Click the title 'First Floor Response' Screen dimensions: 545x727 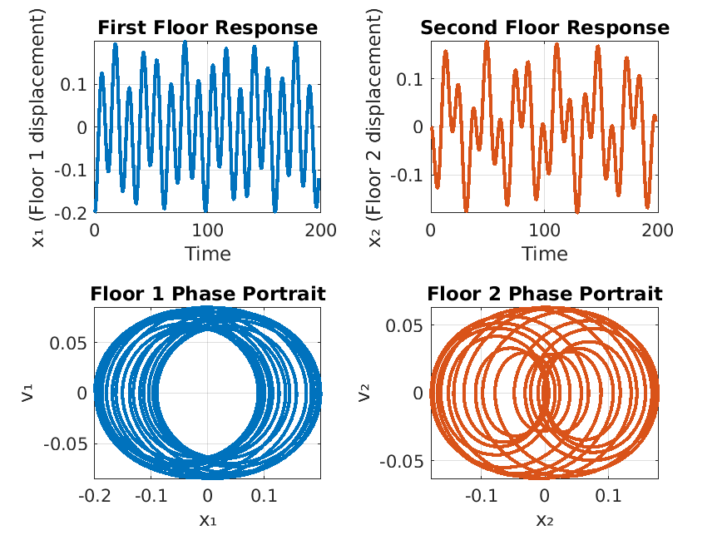[x=207, y=27]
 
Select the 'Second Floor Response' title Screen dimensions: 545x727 [x=544, y=27]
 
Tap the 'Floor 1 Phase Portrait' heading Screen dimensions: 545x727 [x=207, y=294]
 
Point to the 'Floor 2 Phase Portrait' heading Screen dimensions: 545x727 [x=544, y=294]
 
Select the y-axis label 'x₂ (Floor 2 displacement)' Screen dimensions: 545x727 [x=375, y=126]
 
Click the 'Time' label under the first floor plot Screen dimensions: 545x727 [x=207, y=253]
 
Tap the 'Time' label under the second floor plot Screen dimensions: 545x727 [x=544, y=253]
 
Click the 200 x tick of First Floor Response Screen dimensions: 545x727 [x=320, y=230]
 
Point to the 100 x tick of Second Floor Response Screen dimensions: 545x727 [x=544, y=230]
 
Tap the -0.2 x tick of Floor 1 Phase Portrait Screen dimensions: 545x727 [x=98, y=497]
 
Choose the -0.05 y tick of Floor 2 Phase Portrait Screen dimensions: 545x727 [x=402, y=461]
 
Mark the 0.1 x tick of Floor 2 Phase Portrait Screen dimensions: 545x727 [x=607, y=497]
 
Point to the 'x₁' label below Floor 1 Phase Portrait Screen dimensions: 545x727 [x=207, y=521]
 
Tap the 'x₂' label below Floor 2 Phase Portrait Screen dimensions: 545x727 [x=544, y=521]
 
